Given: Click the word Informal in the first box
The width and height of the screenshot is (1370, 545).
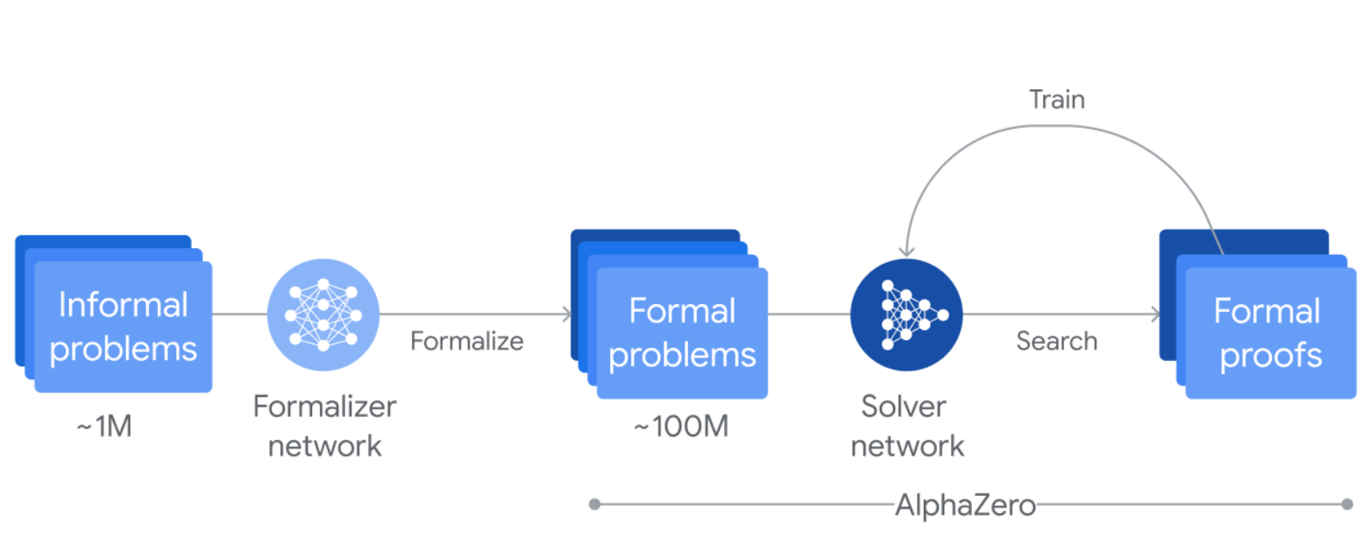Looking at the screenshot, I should [x=123, y=306].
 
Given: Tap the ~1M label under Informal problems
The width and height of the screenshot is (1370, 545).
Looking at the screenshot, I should [x=103, y=428].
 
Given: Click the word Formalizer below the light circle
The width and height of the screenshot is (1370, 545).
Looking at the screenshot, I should [x=324, y=407].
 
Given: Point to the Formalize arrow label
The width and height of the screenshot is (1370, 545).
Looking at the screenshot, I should [x=466, y=341].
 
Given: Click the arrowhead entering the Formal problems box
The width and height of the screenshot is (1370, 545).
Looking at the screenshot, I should [x=567, y=315].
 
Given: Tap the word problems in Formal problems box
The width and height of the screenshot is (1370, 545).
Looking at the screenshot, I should [x=681, y=354].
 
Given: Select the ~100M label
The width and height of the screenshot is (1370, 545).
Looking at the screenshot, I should [x=680, y=428].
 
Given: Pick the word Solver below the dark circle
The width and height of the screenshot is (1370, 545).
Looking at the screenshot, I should [x=903, y=407].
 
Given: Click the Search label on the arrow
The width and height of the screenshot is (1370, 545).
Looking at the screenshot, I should [x=1056, y=341].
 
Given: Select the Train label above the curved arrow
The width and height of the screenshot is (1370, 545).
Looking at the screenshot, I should [x=1056, y=100].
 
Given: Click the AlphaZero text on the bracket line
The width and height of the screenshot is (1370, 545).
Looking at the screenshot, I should [x=965, y=506].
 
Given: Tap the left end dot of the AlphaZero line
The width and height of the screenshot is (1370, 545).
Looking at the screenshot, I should [x=594, y=505].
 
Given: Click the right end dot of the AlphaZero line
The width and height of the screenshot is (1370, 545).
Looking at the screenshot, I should [x=1347, y=505].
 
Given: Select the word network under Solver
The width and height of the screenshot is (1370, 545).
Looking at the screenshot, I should [x=907, y=446].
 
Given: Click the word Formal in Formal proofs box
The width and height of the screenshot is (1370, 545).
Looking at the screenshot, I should [x=1267, y=312].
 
